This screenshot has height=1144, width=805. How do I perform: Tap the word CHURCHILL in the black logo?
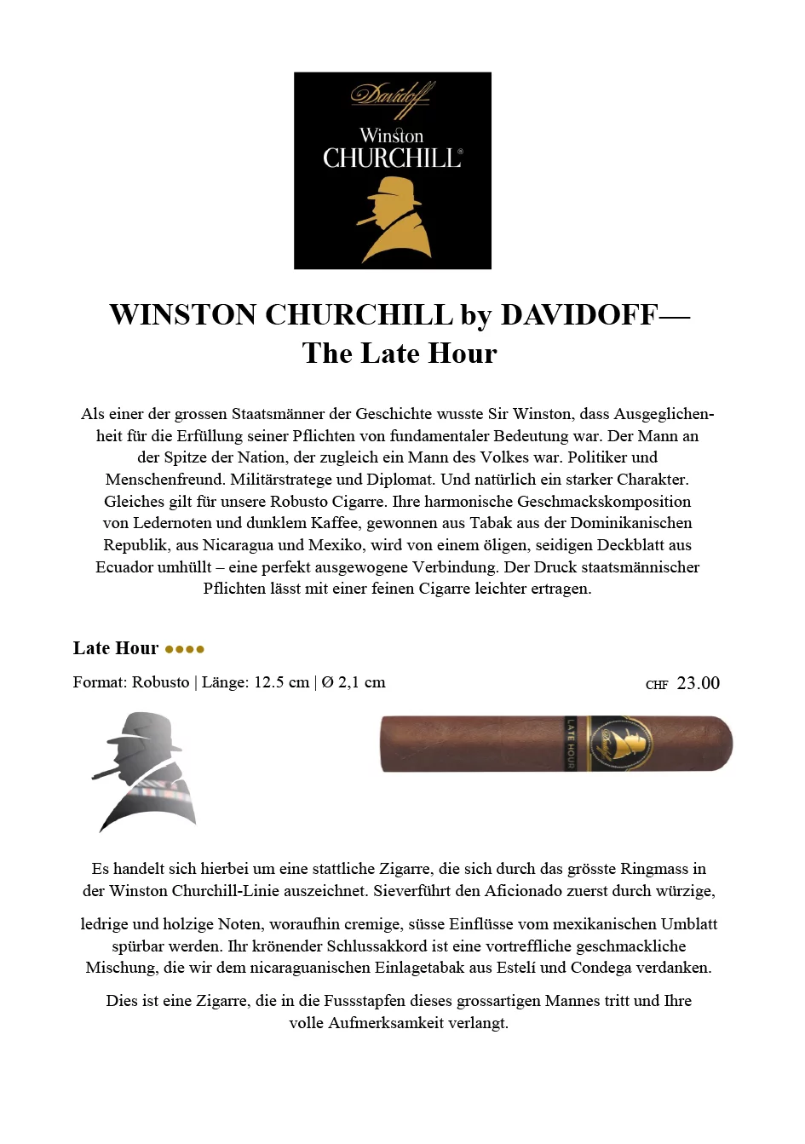pos(392,158)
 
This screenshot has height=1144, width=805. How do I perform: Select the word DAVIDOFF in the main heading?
pos(579,315)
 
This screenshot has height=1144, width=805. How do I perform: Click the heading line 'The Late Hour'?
pos(399,354)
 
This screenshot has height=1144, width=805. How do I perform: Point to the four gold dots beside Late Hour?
pos(185,649)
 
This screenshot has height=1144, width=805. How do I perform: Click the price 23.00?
pos(698,683)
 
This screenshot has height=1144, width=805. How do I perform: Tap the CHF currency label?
pos(657,685)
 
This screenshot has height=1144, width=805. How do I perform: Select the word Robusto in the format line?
pos(160,682)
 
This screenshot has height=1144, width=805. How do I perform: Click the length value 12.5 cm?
pos(281,682)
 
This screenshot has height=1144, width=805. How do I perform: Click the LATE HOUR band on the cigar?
pos(571,744)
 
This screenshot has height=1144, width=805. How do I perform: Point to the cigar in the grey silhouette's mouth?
pos(106,774)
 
